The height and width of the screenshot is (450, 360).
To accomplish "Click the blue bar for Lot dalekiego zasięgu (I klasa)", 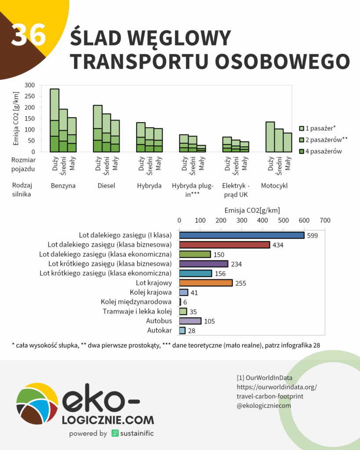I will pyautogui.click(x=241, y=236).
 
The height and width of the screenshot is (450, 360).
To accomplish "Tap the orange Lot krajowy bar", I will pyautogui.click(x=206, y=283).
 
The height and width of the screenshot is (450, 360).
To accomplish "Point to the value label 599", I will pyautogui.click(x=312, y=236).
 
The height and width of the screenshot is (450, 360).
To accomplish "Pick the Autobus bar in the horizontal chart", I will pyautogui.click(x=190, y=321).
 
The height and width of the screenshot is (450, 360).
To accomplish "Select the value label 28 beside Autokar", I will pyautogui.click(x=192, y=330).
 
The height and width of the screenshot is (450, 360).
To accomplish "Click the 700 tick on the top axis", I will pyautogui.click(x=325, y=220).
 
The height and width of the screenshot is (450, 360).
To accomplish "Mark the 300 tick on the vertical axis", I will pyautogui.click(x=29, y=85).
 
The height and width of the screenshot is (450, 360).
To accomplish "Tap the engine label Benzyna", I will pyautogui.click(x=63, y=186).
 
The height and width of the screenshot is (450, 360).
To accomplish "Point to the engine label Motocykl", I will pyautogui.click(x=274, y=186).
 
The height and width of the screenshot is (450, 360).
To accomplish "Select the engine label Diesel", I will pyautogui.click(x=106, y=186).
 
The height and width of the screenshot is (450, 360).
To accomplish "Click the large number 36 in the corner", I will pyautogui.click(x=28, y=35).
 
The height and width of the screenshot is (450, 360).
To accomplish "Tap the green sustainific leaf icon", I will pyautogui.click(x=115, y=433).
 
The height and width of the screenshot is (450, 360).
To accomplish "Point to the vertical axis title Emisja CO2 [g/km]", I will pyautogui.click(x=16, y=119).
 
